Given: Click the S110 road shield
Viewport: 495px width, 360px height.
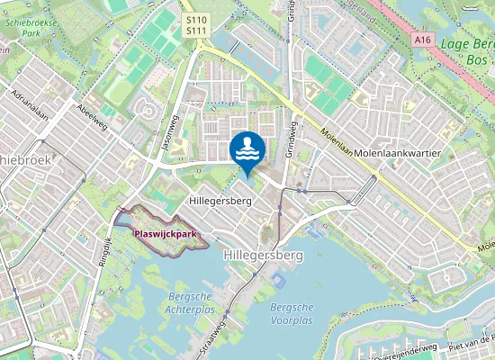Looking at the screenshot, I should point(196,19).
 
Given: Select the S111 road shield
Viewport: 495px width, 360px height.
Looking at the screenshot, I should point(196,31).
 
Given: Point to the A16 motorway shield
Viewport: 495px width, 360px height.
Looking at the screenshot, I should point(424,40).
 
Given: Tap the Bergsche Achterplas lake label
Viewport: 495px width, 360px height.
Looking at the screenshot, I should point(190,302).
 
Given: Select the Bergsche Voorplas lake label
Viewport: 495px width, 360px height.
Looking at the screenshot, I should point(291,313).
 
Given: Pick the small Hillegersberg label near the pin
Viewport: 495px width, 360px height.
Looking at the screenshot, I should point(220,201).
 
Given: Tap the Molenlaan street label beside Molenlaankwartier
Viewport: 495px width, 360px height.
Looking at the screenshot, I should point(333,145).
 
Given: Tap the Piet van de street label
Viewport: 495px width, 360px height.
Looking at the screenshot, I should point(472,346).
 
